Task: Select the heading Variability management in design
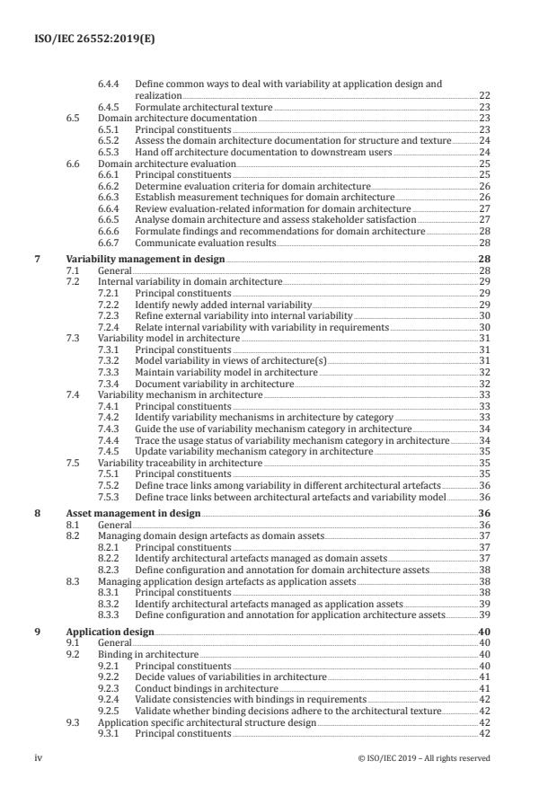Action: click(x=146, y=258)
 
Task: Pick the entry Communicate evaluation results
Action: click(x=206, y=243)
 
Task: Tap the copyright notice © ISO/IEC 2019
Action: click(x=423, y=758)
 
